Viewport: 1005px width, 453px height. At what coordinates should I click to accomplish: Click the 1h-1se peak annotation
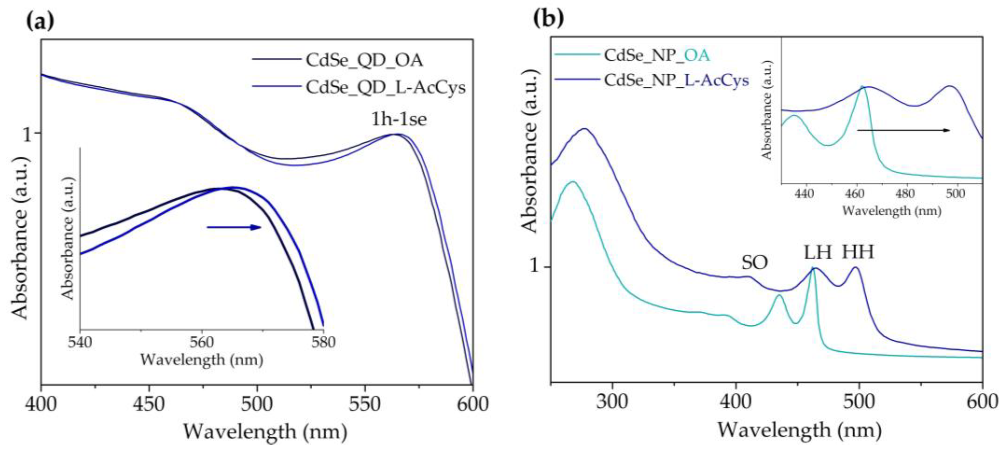(x=399, y=119)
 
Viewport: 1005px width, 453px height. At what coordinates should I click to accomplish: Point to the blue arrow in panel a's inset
(x=234, y=227)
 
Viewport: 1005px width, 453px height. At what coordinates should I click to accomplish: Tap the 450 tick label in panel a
(x=149, y=404)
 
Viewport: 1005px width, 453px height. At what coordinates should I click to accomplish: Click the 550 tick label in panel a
(x=365, y=404)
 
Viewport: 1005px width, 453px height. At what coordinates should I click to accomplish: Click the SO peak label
(x=754, y=263)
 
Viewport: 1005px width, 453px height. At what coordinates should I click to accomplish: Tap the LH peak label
(x=817, y=252)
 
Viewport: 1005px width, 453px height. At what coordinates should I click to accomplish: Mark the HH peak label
(x=857, y=252)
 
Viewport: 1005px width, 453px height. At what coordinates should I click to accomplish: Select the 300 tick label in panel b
(x=612, y=402)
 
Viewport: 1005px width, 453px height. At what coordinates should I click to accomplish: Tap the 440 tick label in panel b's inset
(x=804, y=194)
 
